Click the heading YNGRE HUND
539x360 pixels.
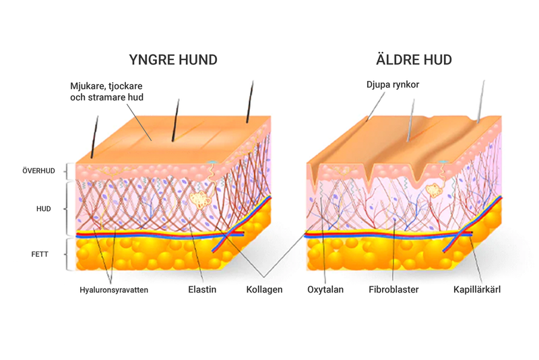pos(173,60)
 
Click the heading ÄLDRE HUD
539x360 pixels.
pos(414,60)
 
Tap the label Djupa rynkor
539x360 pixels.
pos(393,85)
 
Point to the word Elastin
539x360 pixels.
pos(202,290)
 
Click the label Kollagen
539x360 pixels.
pos(264,290)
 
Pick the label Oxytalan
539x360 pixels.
pos(326,290)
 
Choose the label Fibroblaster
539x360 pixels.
pos(394,290)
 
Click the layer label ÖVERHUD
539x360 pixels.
pos(38,171)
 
